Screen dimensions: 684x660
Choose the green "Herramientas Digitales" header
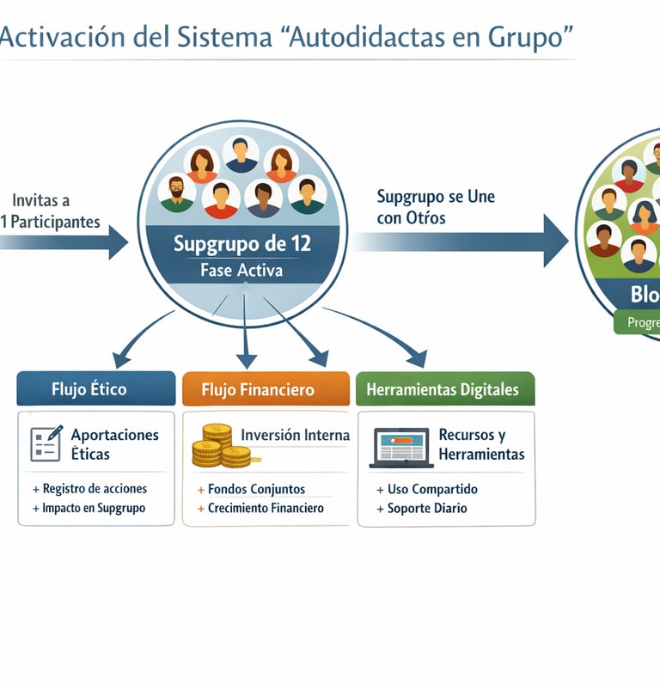(443, 389)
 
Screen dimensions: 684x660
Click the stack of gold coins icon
(219, 446)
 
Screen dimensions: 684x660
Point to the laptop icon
(400, 448)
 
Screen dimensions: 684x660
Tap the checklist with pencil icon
(46, 443)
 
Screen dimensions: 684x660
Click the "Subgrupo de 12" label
(241, 243)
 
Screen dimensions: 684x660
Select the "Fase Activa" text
(241, 270)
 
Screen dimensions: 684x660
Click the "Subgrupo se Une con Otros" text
(436, 207)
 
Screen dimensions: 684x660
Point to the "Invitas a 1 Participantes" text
(50, 211)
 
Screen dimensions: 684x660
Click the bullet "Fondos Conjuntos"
(256, 489)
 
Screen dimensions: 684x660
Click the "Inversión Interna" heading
(295, 435)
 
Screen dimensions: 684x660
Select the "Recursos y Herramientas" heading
(480, 444)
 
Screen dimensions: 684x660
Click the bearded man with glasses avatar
(177, 193)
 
